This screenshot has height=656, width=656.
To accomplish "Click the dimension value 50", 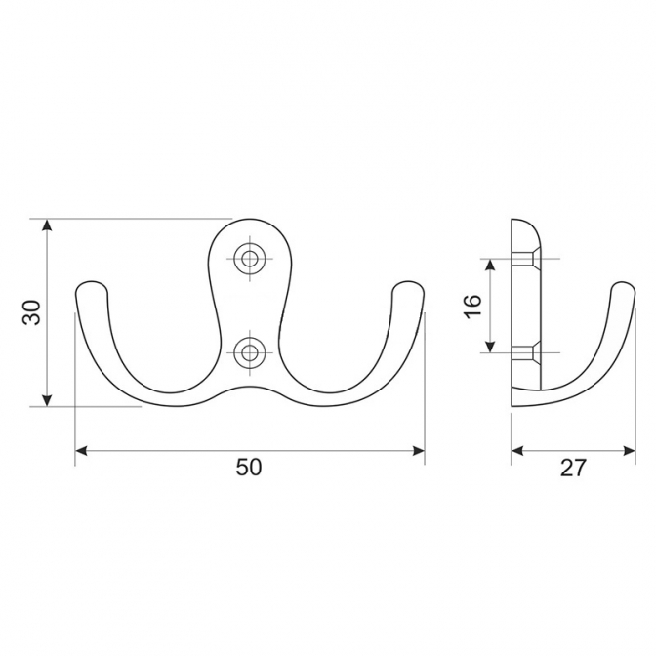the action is pos(249,467).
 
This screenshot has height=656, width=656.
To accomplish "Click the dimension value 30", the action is pos(32,312).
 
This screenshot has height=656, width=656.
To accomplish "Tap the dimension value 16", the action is pos(473,306).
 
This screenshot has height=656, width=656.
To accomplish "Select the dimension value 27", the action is pos(572,468).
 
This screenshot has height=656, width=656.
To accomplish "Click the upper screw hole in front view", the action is pos(250,259).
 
